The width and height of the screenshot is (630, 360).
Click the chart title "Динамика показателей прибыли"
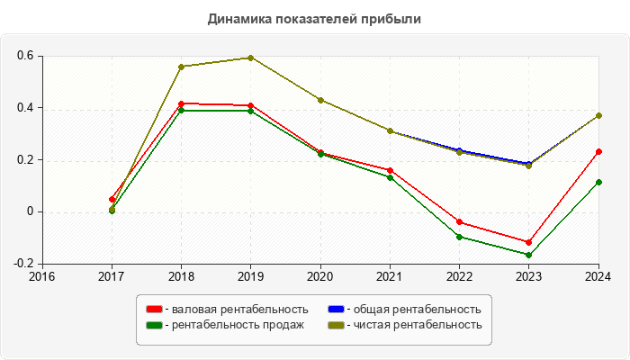click(315, 18)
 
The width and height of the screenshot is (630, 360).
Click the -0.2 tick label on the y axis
click(23, 264)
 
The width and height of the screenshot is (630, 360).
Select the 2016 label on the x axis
click(42, 276)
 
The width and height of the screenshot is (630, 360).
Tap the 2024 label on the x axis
click(598, 276)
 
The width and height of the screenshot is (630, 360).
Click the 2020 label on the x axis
click(320, 276)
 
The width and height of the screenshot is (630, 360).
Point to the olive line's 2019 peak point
click(251, 58)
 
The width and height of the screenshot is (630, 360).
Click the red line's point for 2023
click(529, 243)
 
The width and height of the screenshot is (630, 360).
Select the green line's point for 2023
click(529, 255)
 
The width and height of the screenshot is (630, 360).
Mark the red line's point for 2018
click(182, 103)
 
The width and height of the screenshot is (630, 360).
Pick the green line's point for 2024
click(598, 182)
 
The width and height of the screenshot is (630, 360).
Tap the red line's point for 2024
click(598, 151)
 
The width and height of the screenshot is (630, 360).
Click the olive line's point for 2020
click(320, 100)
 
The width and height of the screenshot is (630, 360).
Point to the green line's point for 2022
click(460, 237)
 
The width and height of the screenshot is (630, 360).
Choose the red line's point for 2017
click(112, 199)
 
